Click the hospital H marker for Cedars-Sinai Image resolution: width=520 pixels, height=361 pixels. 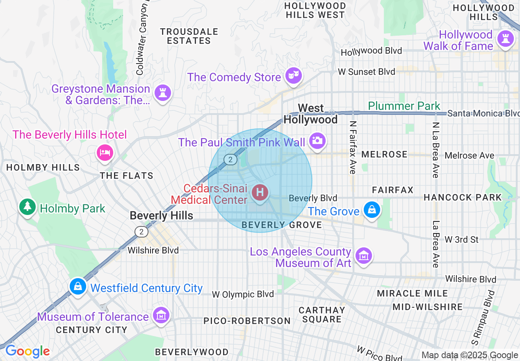(260, 192)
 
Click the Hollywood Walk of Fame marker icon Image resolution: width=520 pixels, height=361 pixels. (505, 39)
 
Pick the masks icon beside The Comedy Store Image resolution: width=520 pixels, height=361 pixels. (294, 75)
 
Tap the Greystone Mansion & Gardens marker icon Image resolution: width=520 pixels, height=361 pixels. (162, 93)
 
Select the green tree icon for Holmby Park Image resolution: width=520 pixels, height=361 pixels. (27, 207)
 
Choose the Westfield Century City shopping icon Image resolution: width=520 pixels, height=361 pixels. (78, 286)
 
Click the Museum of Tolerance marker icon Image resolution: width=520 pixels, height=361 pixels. (161, 315)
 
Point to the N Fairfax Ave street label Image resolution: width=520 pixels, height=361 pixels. (352, 147)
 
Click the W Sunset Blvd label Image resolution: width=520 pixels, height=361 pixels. (366, 72)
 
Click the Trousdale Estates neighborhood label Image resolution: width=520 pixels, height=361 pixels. (189, 36)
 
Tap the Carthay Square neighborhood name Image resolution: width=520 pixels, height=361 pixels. (322, 315)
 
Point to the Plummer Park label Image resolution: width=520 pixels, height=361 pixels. (404, 106)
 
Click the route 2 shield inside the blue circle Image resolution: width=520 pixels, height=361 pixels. (230, 160)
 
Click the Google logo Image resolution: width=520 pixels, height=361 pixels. (27, 351)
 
